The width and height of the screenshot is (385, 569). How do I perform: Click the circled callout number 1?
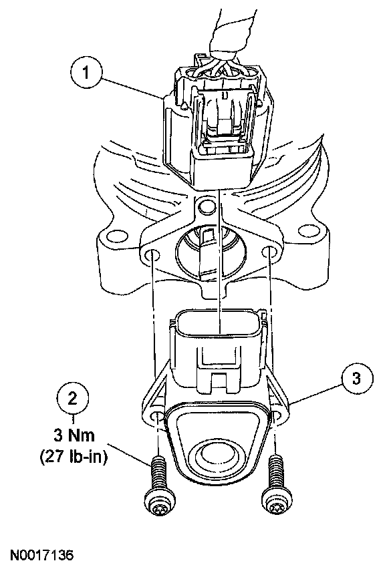(86, 73)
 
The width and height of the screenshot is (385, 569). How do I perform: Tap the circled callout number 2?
(73, 399)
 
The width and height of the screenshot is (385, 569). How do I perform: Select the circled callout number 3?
(357, 379)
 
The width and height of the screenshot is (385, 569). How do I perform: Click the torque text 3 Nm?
(74, 435)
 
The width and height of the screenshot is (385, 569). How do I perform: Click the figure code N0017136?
(41, 555)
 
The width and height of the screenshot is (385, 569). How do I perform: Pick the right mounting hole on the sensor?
(278, 417)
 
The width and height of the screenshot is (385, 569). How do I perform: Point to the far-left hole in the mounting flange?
(116, 236)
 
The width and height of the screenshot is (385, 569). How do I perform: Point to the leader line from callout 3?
(315, 393)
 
